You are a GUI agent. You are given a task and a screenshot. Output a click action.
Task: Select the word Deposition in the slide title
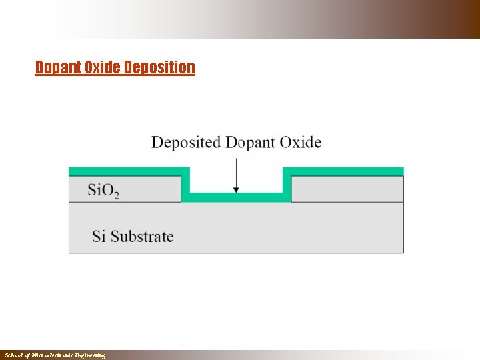[159, 67]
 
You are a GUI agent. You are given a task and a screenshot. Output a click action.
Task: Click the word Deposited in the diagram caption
[186, 143]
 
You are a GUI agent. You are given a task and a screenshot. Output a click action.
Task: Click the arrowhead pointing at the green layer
[236, 190]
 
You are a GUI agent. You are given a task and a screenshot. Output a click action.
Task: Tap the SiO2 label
[103, 190]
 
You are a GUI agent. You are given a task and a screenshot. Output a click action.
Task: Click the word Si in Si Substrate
[99, 236]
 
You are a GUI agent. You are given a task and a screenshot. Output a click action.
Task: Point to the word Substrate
[142, 236]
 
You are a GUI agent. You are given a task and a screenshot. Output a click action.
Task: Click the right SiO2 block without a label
[347, 189]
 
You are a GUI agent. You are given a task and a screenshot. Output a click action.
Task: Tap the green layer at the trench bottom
[237, 197]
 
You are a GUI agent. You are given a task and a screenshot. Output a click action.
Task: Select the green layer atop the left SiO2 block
[127, 171]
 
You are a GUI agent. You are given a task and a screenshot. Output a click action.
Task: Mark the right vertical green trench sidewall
[287, 183]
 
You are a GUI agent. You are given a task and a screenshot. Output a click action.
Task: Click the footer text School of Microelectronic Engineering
[55, 356]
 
